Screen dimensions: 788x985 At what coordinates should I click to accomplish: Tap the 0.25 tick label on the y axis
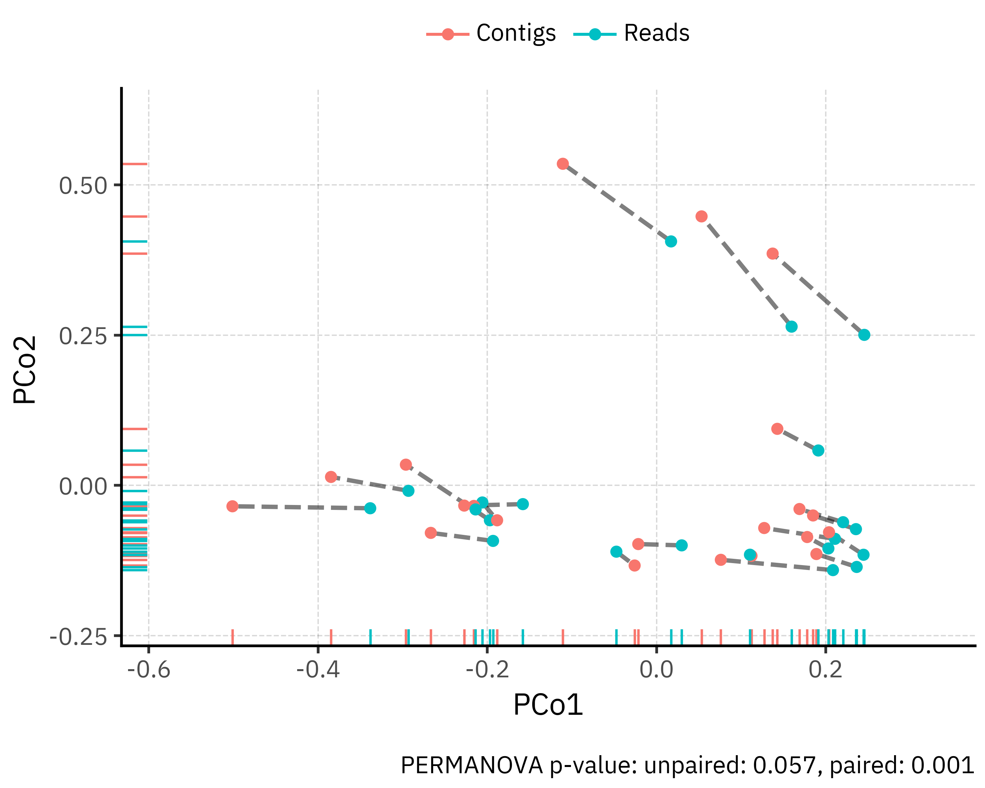pyautogui.click(x=83, y=336)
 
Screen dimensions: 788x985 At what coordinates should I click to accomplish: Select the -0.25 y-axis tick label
pyautogui.click(x=78, y=636)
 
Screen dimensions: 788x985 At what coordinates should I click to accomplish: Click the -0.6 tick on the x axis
pyautogui.click(x=148, y=670)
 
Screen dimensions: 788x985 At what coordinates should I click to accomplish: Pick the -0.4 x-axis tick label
pyautogui.click(x=318, y=670)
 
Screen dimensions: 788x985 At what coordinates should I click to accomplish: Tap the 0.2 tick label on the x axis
pyautogui.click(x=825, y=670)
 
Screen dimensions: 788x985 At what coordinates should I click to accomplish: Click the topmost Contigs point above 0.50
pyautogui.click(x=562, y=164)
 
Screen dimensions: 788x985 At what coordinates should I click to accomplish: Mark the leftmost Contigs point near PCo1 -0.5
pyautogui.click(x=232, y=506)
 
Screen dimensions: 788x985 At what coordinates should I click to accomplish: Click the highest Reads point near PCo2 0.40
pyautogui.click(x=671, y=241)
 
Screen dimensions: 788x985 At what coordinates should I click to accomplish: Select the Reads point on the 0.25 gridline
pyautogui.click(x=864, y=335)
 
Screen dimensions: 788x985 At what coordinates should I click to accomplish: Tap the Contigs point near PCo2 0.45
pyautogui.click(x=701, y=216)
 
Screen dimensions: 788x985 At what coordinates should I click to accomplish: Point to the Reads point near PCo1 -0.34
pyautogui.click(x=370, y=508)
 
